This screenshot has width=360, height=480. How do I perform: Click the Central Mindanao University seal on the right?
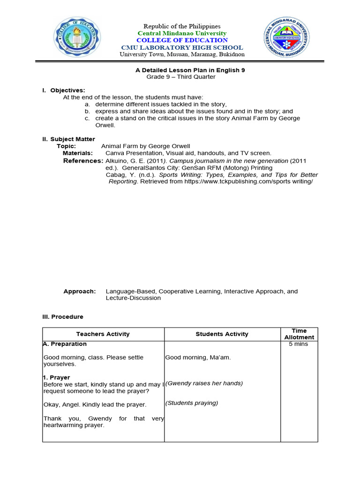[286, 40]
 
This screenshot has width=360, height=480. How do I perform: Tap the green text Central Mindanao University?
[182, 33]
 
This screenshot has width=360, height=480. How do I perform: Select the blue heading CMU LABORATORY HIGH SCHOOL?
[182, 47]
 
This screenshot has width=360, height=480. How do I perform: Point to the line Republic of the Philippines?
[182, 26]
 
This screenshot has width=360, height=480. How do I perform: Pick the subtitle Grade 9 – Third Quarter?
[181, 77]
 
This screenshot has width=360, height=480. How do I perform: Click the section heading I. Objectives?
[64, 90]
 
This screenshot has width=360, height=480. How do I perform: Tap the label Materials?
[78, 153]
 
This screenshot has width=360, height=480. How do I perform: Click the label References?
[83, 161]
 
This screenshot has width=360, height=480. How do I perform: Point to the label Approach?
[79, 291]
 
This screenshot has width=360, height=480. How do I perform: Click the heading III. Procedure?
[63, 317]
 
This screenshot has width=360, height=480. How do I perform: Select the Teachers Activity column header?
[103, 334]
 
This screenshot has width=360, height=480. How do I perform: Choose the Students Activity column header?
[222, 334]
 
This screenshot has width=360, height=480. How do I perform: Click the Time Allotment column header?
[299, 334]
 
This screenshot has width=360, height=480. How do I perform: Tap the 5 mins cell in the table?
[299, 344]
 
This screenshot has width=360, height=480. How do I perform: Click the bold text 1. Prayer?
[56, 377]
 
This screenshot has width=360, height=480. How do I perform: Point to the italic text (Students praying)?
[192, 403]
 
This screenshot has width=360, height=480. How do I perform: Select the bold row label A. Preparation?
[65, 344]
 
